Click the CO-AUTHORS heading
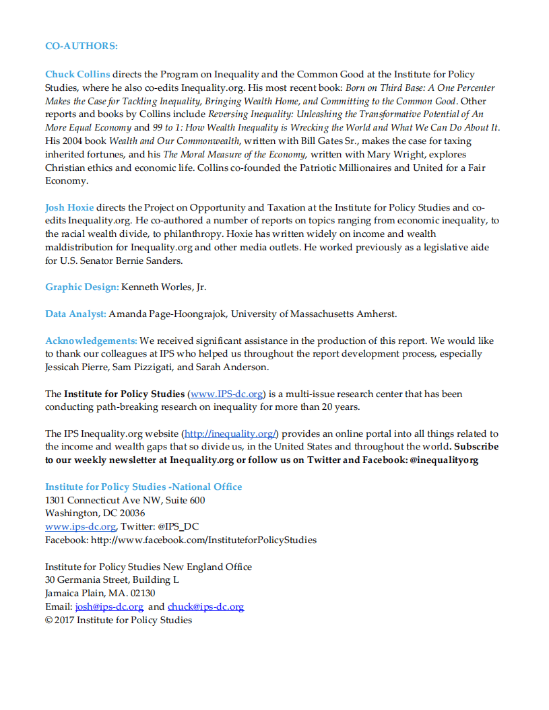[81, 46]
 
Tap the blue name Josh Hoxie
[69, 207]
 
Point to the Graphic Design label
[82, 287]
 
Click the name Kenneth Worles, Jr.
[164, 287]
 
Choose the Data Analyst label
[75, 314]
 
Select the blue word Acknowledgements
[91, 341]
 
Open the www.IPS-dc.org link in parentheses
[226, 394]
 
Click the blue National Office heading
[143, 487]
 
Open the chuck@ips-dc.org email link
[205, 607]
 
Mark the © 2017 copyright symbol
[49, 620]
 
